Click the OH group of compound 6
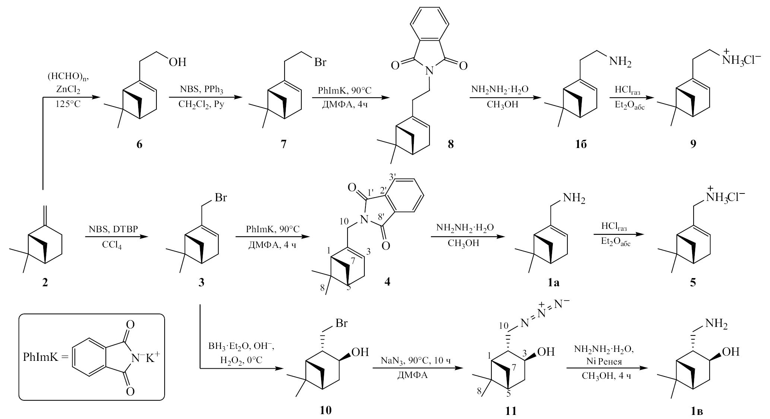(x=177, y=62)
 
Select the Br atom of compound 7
(x=320, y=62)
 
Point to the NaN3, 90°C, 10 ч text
(x=418, y=361)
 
